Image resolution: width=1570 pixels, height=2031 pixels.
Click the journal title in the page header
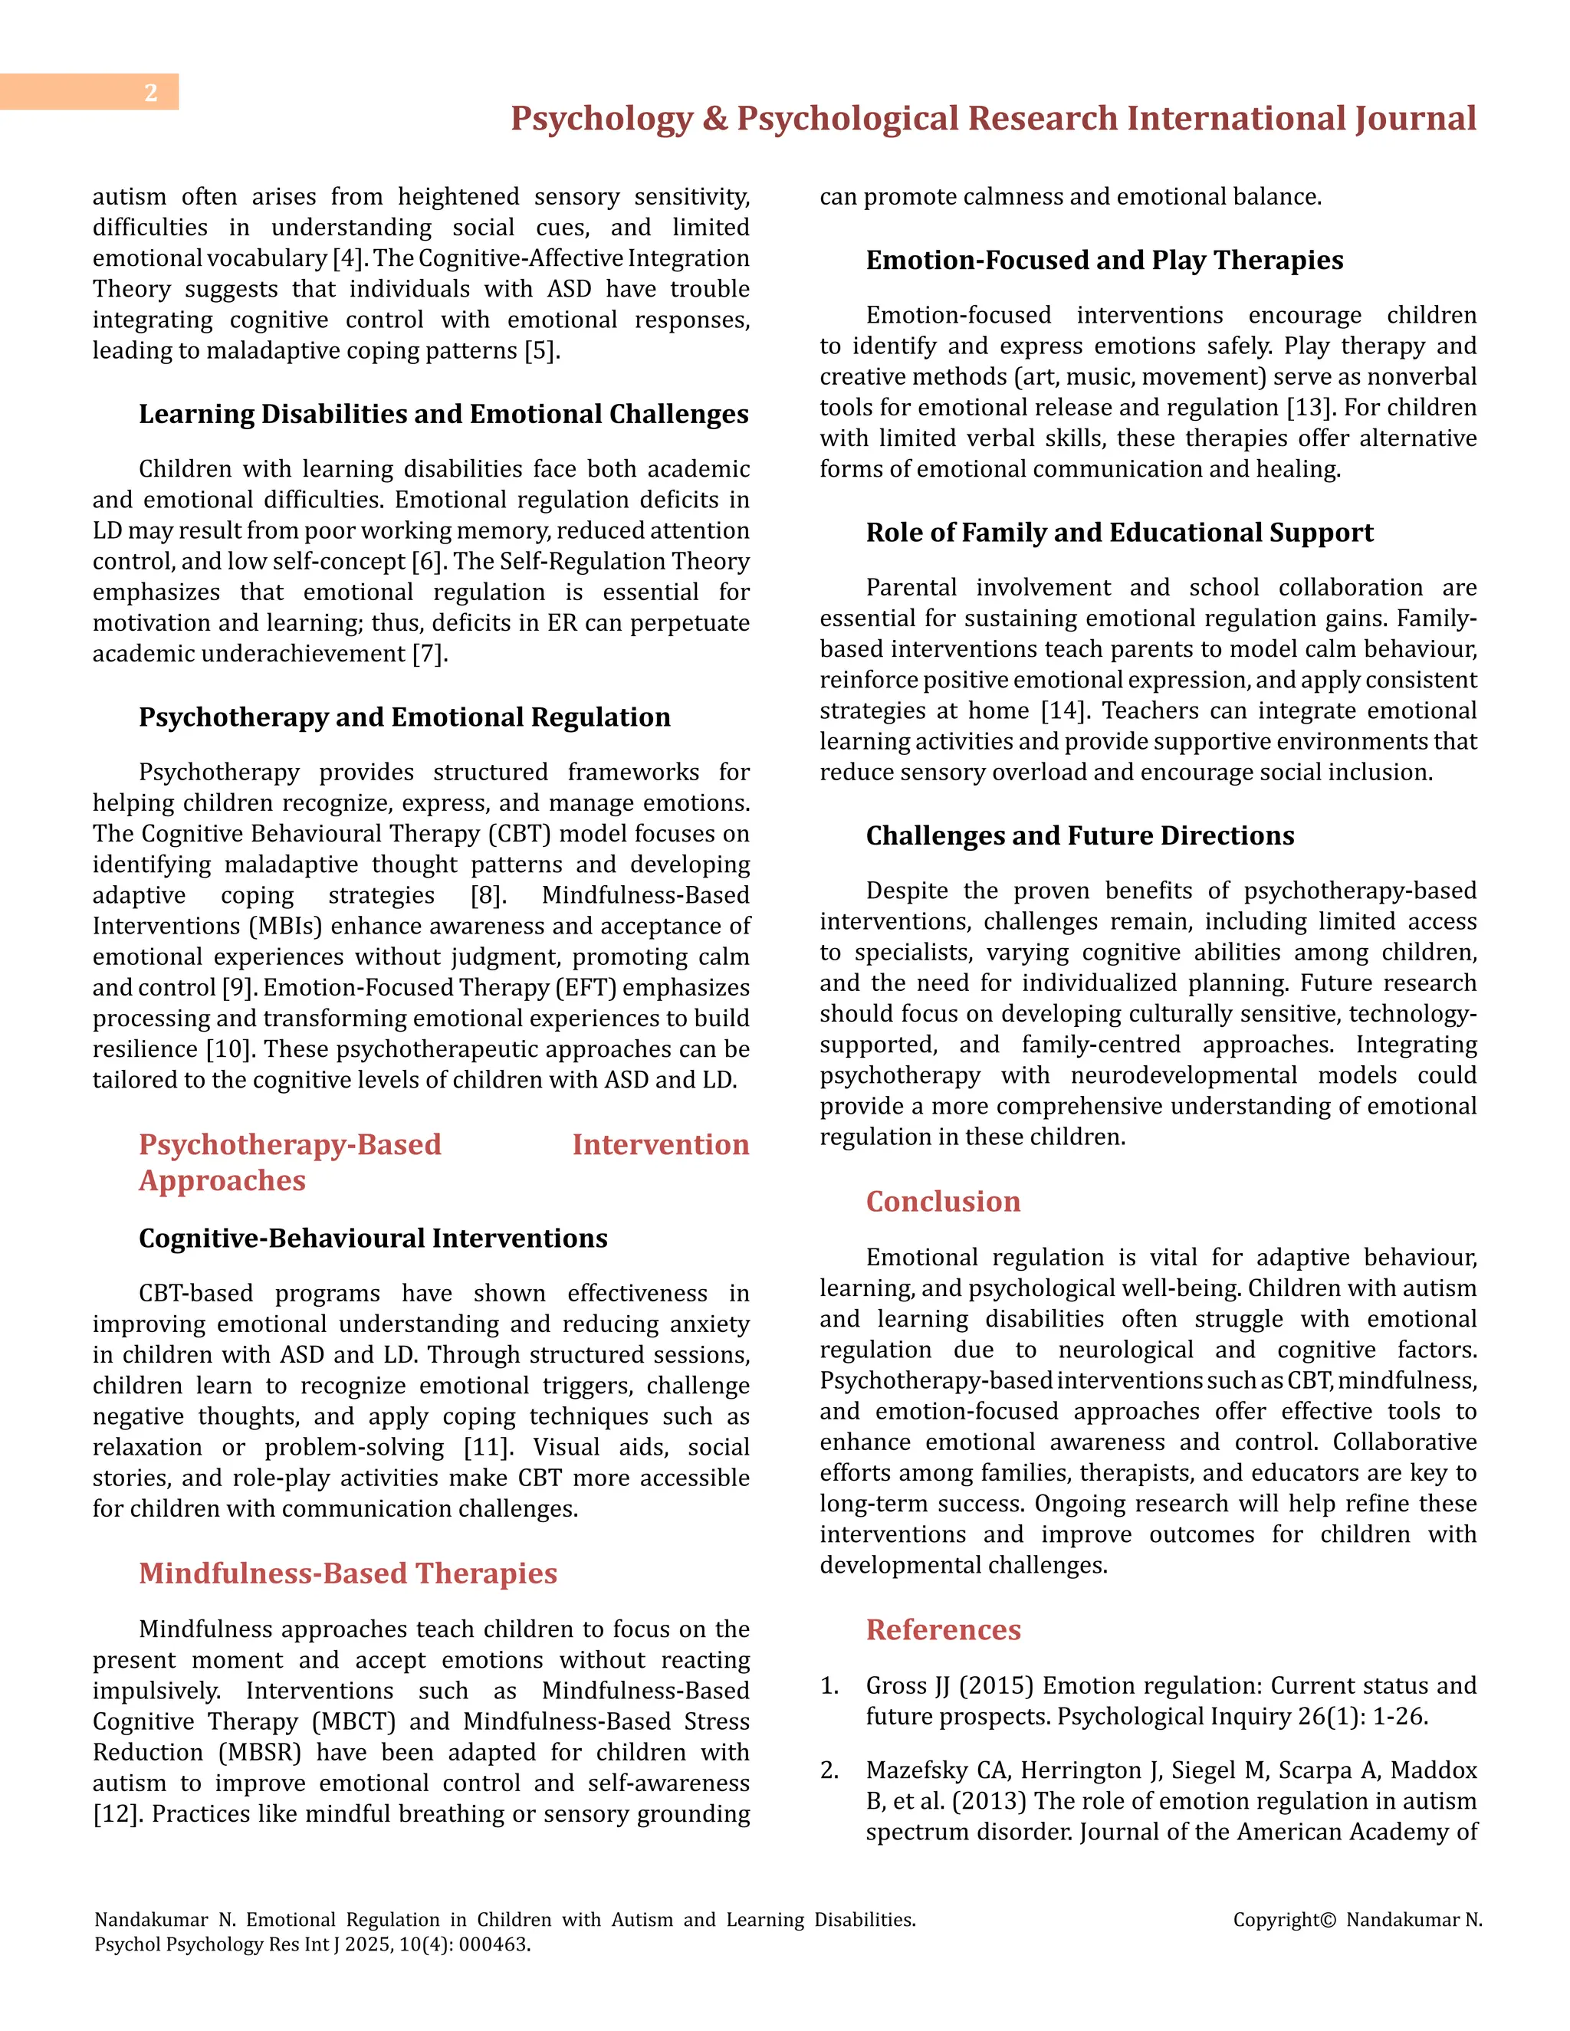tap(993, 119)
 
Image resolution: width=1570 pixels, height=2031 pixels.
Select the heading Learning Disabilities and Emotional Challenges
tap(443, 414)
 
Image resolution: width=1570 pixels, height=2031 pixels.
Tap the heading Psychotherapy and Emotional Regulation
tap(404, 717)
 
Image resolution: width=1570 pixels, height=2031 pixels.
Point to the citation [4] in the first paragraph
tap(348, 258)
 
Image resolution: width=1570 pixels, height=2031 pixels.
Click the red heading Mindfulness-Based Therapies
tap(347, 1573)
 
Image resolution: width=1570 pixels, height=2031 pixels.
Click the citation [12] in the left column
tap(117, 1813)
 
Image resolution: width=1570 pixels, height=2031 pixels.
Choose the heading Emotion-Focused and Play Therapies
tap(1104, 261)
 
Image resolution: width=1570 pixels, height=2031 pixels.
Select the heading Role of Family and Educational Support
tap(1119, 533)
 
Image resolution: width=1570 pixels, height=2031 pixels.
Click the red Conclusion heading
tap(942, 1202)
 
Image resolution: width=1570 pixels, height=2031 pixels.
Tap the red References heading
tap(942, 1629)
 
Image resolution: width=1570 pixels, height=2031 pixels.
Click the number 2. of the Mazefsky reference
tap(829, 1770)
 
